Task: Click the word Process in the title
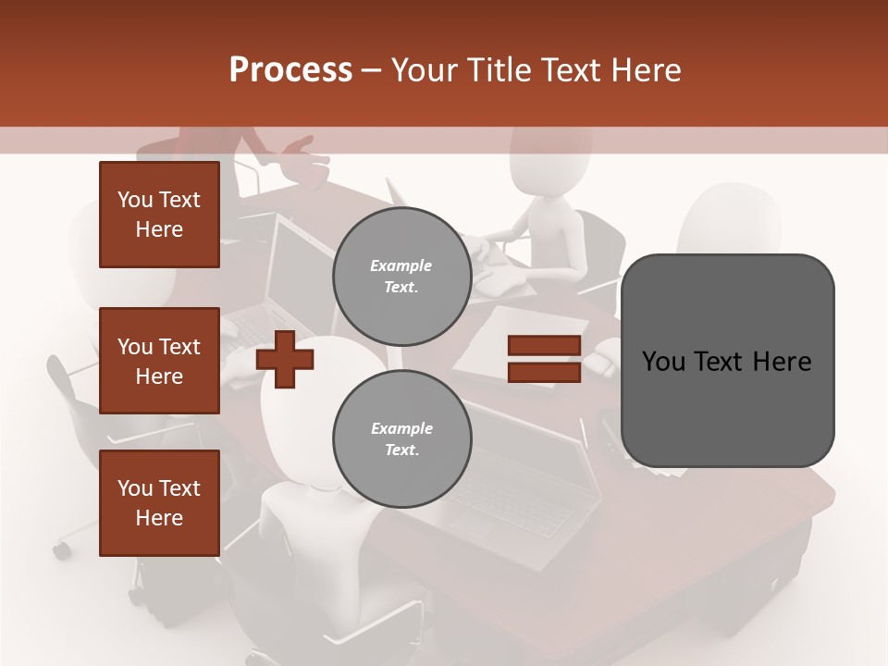tap(290, 70)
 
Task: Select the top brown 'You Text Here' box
tap(159, 215)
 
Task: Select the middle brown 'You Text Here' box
tap(159, 361)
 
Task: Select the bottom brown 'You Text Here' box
tap(159, 503)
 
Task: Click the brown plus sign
tap(285, 359)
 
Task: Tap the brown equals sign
tap(544, 359)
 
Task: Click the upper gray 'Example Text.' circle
tap(402, 277)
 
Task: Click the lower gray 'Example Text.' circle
tap(402, 439)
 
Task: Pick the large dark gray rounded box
tap(727, 361)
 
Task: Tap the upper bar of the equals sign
tap(544, 346)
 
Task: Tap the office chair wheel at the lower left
tap(62, 550)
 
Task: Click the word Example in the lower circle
tap(402, 428)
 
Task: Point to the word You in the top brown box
tap(134, 200)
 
